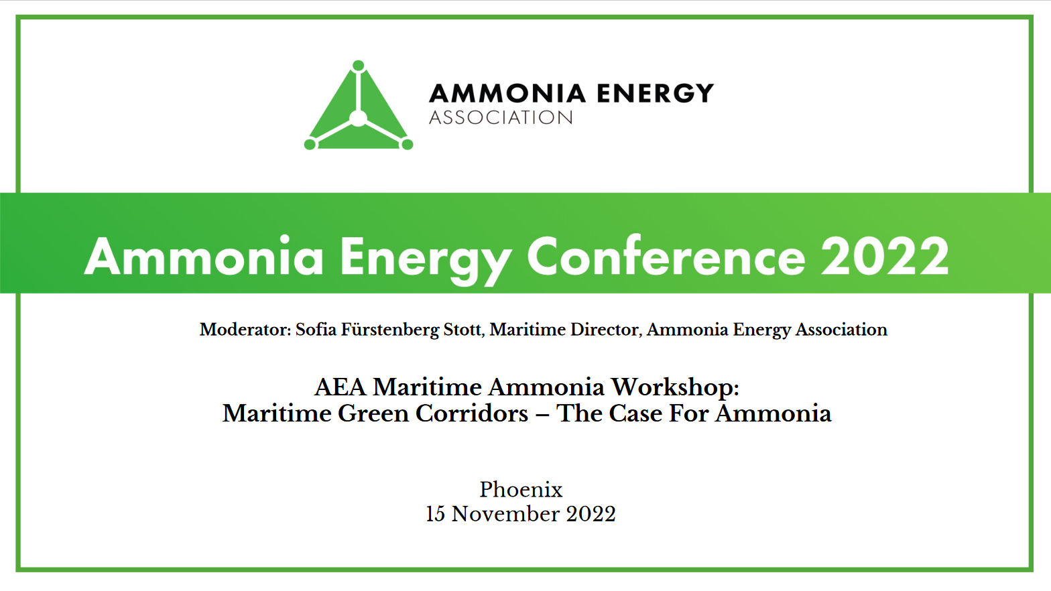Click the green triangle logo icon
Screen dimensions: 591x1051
pos(359,111)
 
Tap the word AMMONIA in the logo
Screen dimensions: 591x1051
pos(507,94)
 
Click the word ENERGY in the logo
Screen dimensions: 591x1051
pos(655,94)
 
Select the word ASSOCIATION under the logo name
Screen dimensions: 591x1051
pos(501,118)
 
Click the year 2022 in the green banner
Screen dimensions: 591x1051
pos(885,257)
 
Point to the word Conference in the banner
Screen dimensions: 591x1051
pos(666,257)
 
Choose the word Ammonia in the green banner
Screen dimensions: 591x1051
pos(204,257)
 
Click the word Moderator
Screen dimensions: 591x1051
pos(244,330)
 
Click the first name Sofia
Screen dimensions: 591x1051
pos(316,330)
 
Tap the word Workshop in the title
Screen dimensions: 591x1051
pos(674,387)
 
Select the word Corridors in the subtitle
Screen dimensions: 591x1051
pos(471,413)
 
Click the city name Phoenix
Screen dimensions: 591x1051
pos(521,490)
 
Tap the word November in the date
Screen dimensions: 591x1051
pos(505,514)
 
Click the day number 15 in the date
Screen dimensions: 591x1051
pos(435,514)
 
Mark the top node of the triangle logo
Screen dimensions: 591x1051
pos(359,66)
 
